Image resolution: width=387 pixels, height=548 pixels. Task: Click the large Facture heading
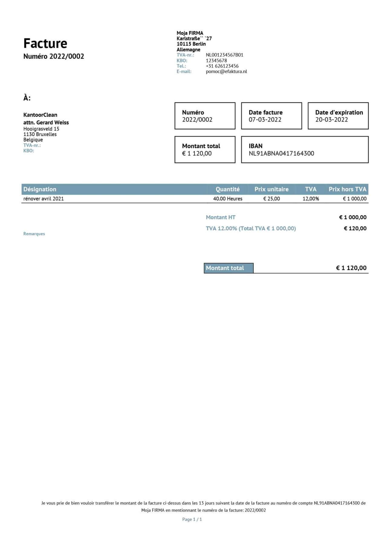45,43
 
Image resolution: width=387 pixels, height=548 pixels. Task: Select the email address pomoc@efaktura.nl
226,72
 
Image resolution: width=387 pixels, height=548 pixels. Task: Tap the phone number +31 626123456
222,66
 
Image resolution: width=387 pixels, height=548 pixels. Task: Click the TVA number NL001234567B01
224,55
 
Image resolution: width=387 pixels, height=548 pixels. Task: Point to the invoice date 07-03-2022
265,120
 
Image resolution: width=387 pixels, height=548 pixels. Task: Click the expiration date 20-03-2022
331,120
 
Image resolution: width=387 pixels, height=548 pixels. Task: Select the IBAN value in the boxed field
281,154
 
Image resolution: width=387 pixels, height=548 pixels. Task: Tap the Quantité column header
227,189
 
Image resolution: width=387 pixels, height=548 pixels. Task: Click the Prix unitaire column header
271,189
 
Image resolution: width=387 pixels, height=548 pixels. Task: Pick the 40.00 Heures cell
227,199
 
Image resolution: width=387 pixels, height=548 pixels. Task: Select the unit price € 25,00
271,199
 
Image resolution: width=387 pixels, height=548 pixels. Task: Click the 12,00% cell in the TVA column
311,199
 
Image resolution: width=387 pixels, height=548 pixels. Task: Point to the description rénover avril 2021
44,199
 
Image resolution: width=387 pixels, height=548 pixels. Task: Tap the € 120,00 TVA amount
355,229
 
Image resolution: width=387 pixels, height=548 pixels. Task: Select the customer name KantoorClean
40,115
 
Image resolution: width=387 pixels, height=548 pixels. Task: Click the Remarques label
34,234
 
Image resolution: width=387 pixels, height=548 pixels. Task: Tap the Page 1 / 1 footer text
192,519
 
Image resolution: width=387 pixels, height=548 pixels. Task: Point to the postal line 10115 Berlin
191,44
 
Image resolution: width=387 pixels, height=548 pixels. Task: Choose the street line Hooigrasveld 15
41,129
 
